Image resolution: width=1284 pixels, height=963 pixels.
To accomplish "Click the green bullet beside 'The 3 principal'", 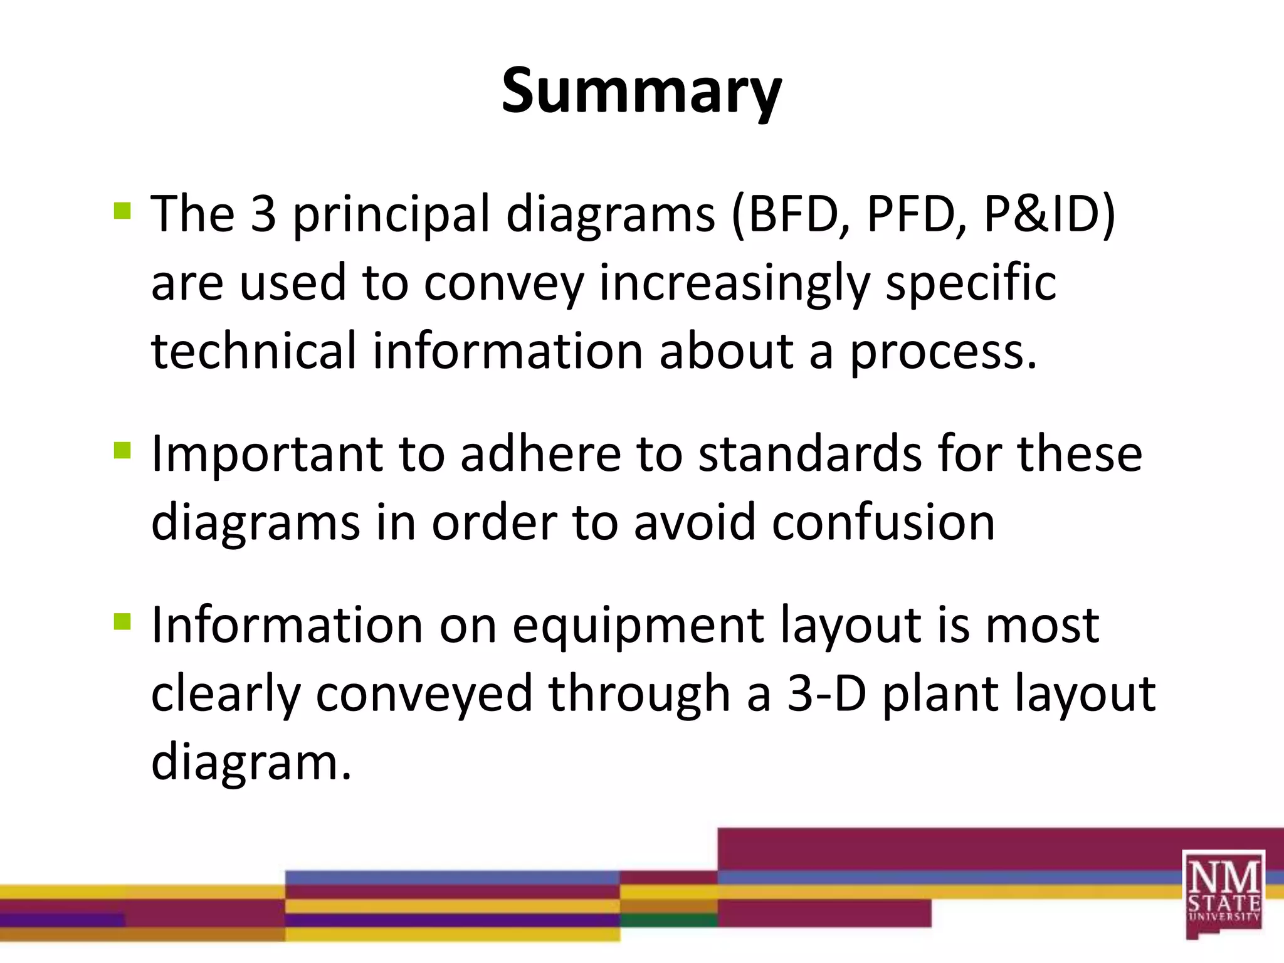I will (122, 211).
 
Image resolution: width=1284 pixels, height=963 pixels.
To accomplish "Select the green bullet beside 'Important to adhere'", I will (122, 450).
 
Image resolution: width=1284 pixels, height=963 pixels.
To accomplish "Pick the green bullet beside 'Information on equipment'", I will (122, 622).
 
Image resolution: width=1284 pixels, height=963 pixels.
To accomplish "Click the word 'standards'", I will (810, 454).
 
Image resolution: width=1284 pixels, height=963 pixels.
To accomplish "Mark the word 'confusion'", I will (883, 522).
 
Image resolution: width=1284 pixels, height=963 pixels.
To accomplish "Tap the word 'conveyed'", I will (424, 695).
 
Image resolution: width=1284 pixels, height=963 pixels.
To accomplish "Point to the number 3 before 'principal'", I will (263, 214).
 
